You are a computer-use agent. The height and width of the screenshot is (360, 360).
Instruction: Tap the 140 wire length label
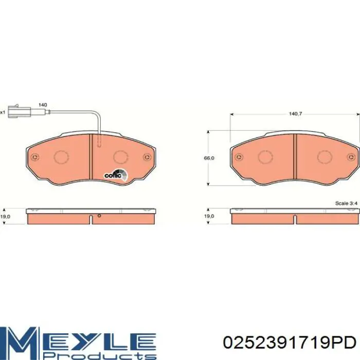coord(43,105)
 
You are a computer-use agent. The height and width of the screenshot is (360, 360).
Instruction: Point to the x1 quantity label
coord(3,112)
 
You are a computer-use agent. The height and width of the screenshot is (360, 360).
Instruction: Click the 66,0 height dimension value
coord(209,158)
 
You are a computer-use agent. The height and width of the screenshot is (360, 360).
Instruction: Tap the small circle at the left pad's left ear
coord(34,158)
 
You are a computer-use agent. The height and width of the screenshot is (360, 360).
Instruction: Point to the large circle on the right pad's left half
coord(266,157)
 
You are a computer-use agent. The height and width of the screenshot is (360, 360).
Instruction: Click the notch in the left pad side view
coord(91,219)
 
